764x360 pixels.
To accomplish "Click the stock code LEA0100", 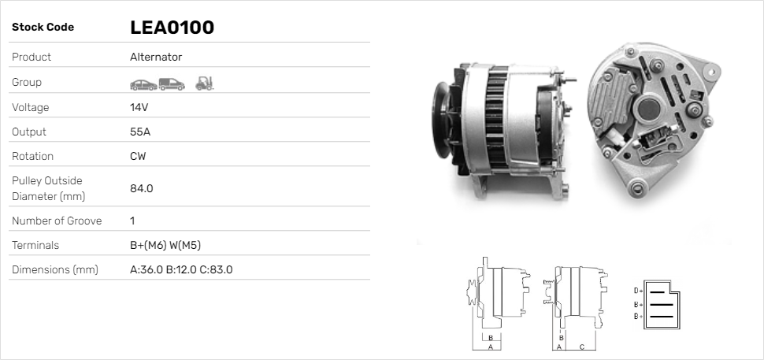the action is coord(172,28).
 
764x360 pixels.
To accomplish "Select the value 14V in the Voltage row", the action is coord(139,107).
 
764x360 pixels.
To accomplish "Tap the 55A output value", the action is coord(140,132).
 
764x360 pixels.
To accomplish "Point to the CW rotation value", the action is coord(138,156).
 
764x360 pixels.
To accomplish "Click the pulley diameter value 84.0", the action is coord(141,188).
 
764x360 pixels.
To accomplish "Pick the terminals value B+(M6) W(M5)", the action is coord(165,245).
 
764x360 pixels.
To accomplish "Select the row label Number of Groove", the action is coord(57,221).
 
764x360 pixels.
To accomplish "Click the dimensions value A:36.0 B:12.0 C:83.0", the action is coord(181,269).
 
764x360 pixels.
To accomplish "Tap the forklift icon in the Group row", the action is coord(205,84).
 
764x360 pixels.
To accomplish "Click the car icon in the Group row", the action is coord(143,85).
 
